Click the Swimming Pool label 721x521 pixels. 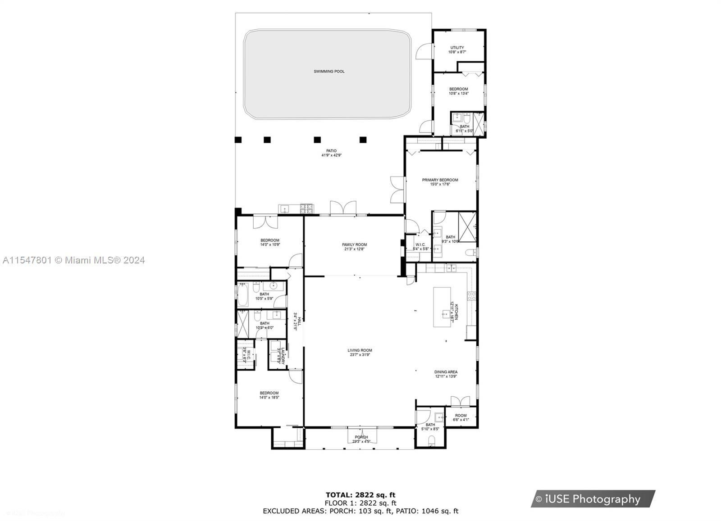[329, 72]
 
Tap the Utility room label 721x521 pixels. [457, 48]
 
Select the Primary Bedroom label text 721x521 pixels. [440, 180]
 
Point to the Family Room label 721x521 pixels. [354, 245]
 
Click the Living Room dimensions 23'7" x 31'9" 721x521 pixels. [360, 355]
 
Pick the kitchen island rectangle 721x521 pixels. [442, 307]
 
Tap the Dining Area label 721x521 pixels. [446, 372]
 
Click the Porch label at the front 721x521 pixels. [361, 437]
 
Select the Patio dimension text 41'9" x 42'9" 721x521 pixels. [331, 155]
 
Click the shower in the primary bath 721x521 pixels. [467, 227]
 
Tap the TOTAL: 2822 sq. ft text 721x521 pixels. [360, 495]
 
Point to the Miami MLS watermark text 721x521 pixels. [73, 260]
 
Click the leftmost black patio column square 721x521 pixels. [238, 140]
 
